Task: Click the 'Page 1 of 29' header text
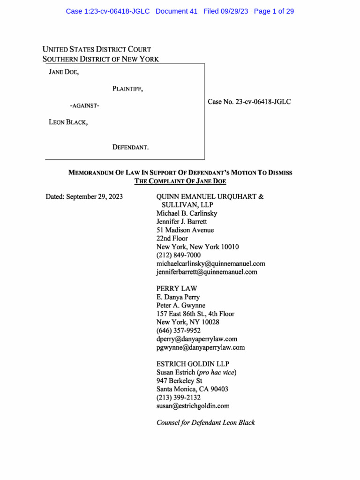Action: click(274, 11)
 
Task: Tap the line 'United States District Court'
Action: click(97, 49)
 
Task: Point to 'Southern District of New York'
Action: click(100, 59)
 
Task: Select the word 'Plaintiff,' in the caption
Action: click(127, 89)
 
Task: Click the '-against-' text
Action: click(84, 105)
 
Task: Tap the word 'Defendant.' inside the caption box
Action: click(130, 147)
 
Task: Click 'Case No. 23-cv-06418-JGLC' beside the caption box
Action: click(249, 101)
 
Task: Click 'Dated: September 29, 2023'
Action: click(84, 197)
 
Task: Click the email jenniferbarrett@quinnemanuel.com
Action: click(207, 272)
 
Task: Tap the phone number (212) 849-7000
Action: click(179, 255)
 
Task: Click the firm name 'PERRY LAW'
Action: click(177, 288)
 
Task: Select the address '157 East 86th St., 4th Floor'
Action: click(195, 314)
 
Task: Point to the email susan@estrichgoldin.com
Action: click(193, 406)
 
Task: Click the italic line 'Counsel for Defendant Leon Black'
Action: click(205, 423)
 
